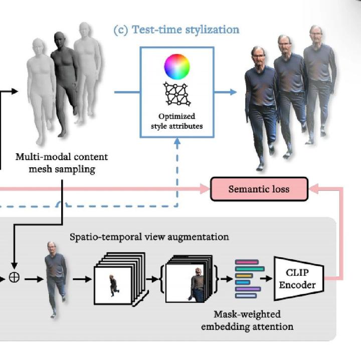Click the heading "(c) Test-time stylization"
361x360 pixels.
(x=176, y=30)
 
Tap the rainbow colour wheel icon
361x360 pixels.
(x=176, y=66)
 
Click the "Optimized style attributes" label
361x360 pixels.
(x=176, y=121)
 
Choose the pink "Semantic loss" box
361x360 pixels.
(x=259, y=189)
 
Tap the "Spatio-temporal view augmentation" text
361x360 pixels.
(x=149, y=236)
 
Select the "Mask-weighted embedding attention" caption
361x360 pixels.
(x=247, y=320)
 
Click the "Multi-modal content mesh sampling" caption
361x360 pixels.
(x=62, y=163)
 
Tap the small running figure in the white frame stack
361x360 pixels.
(x=114, y=284)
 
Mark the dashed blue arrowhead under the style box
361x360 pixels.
(x=176, y=142)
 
